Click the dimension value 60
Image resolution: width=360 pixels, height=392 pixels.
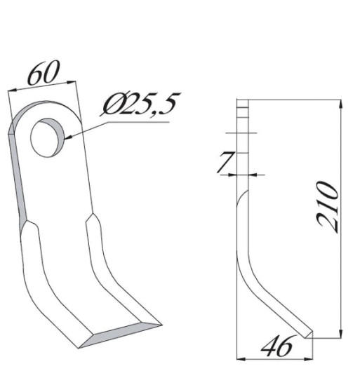point(42,74)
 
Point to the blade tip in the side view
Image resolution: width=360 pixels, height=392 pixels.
point(309,335)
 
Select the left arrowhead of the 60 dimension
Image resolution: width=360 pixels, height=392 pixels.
point(11,92)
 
